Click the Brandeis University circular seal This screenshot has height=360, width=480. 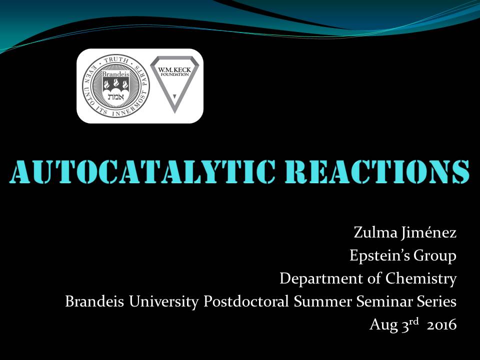click(115, 86)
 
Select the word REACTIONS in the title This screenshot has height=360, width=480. click(377, 171)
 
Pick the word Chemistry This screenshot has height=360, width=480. click(421, 278)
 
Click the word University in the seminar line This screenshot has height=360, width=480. click(164, 301)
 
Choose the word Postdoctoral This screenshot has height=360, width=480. click(246, 301)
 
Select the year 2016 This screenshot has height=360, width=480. click(441, 325)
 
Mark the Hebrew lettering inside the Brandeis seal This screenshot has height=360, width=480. click(115, 96)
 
